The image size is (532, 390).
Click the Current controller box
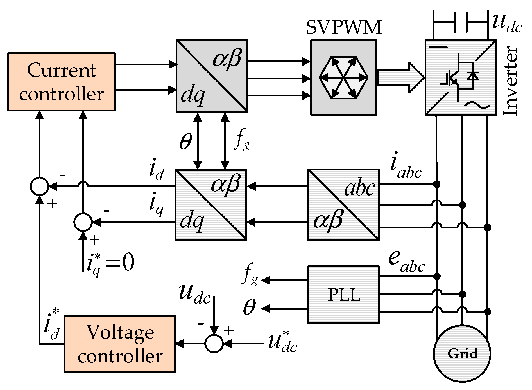61,82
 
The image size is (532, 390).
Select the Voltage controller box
120,344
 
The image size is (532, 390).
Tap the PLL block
343,295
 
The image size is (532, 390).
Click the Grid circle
462,353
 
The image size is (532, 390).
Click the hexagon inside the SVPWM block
343,77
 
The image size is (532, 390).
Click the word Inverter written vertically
510,81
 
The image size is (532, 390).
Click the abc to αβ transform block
343,205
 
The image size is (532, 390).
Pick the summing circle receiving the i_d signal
39,186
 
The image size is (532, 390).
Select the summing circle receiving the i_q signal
83,222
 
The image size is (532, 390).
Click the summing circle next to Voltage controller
214,344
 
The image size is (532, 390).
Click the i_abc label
406,168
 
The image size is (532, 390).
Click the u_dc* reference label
282,343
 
